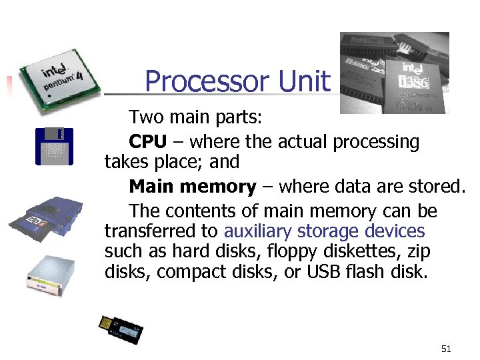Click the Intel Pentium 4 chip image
pos(57,78)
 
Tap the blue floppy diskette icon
pos(53,146)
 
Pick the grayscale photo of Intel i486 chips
pos(394,73)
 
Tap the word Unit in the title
pos(304,82)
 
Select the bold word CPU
pos(147,142)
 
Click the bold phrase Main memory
pos(193,187)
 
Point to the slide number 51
pos(447,349)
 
